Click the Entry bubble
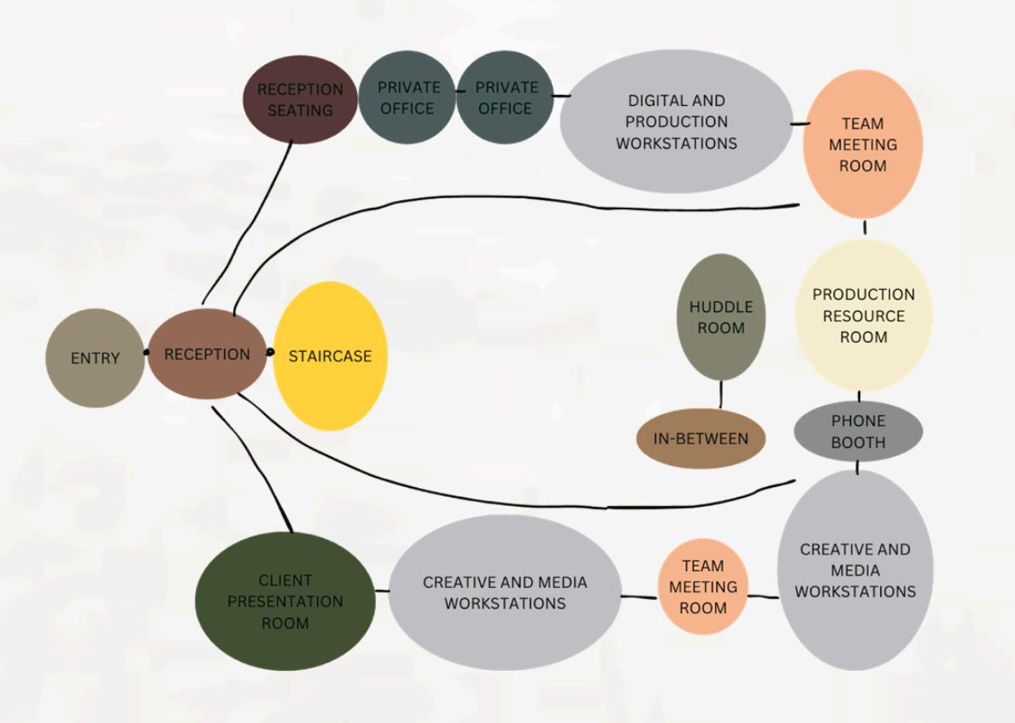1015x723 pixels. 95,358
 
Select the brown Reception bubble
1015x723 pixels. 207,354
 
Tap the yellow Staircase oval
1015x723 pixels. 330,356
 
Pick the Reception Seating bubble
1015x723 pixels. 300,99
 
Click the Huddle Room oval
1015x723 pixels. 721,317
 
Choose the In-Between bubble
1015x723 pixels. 701,439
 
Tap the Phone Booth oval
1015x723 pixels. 858,432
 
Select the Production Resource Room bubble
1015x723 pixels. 863,315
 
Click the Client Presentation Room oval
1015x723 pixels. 285,602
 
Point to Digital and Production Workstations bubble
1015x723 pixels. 676,121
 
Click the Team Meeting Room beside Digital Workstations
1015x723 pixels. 862,144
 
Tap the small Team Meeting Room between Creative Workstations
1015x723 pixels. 702,587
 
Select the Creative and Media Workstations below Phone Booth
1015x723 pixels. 855,570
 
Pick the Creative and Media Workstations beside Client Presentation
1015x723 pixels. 505,592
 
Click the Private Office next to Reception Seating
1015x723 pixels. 408,97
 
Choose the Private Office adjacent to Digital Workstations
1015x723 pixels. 506,97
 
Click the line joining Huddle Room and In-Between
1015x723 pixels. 721,395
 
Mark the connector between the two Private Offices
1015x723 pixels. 457,88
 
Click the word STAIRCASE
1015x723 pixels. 330,356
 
